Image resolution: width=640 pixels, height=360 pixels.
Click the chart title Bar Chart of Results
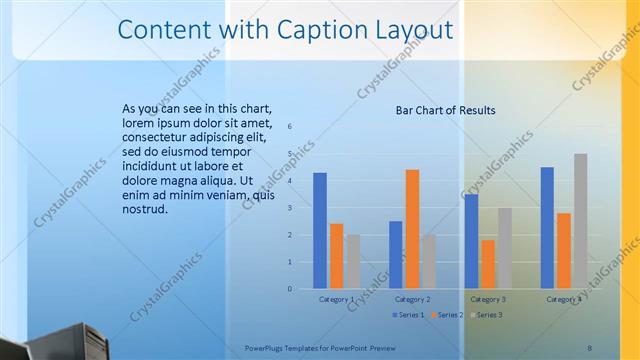coord(446,110)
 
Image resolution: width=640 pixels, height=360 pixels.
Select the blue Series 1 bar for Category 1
coord(320,230)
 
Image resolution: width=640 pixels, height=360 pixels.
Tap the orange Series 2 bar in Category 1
coord(336,255)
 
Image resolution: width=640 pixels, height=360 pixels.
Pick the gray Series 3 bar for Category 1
coord(353,261)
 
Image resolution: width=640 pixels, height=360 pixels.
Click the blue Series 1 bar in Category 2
coord(396,254)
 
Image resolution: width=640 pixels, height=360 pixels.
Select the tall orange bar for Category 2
coord(412,228)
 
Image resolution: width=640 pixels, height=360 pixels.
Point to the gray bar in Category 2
coord(429,261)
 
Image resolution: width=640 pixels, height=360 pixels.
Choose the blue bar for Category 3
coord(472,241)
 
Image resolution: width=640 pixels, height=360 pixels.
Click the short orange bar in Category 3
coord(488,264)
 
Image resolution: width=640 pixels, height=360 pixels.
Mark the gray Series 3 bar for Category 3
coord(505,248)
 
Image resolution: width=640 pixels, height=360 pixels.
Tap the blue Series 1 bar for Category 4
coord(547,227)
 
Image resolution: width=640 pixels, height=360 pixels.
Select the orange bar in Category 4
coord(564,250)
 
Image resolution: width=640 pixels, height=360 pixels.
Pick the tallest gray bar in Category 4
coord(581,221)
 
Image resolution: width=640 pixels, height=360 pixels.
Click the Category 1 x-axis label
coord(336,299)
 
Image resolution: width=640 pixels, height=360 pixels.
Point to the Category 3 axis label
coord(488,299)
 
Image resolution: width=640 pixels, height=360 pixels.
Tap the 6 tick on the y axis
coord(289,127)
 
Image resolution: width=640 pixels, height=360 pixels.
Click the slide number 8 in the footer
coord(589,348)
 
